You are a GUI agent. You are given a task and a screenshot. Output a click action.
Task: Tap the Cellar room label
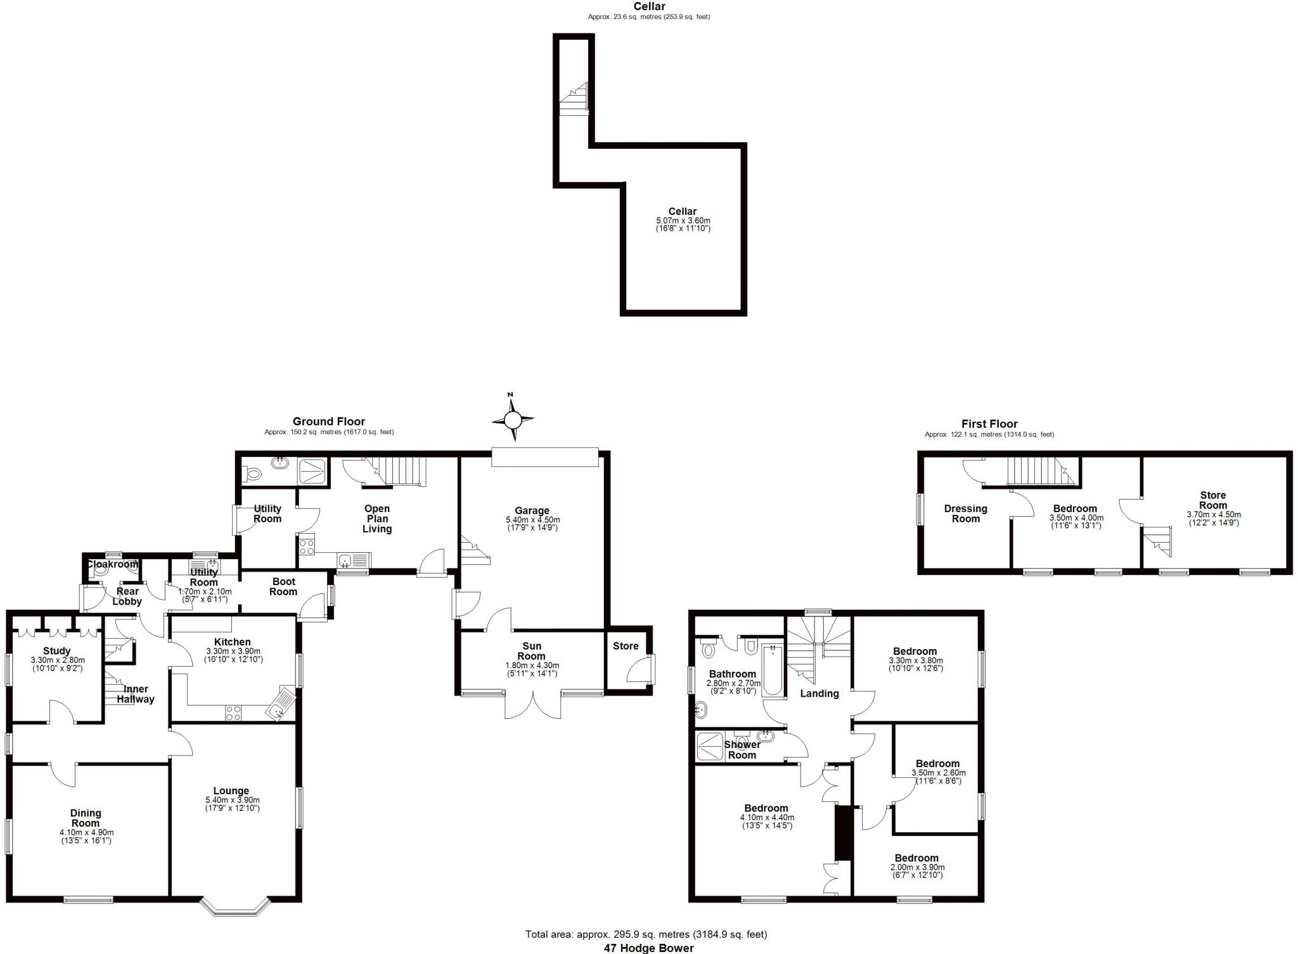tap(682, 212)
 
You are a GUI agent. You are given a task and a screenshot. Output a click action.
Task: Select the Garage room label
tap(532, 510)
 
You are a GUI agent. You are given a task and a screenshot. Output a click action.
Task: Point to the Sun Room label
tap(531, 651)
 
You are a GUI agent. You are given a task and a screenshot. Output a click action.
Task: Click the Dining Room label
tap(86, 818)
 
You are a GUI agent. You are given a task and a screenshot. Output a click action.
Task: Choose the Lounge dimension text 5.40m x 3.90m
tap(232, 800)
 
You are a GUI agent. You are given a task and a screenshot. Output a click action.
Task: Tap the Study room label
tap(56, 651)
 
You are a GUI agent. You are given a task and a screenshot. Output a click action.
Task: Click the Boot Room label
tap(283, 586)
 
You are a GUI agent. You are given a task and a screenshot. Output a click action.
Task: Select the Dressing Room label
tap(965, 513)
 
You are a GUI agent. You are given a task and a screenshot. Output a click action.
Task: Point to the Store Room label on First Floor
tap(1212, 500)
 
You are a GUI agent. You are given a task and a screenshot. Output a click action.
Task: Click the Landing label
tap(819, 693)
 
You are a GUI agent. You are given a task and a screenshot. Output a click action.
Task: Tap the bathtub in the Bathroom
tap(773, 670)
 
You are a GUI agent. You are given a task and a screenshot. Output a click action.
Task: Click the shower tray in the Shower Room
tap(710, 746)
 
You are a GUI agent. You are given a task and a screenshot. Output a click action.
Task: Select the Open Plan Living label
tap(377, 519)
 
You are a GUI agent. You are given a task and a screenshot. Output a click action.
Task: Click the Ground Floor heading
tap(328, 422)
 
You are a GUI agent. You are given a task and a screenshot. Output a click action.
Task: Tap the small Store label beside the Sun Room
tap(626, 646)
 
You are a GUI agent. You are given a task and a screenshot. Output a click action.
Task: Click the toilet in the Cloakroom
tap(101, 569)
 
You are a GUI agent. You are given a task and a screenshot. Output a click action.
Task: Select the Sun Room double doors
tap(533, 705)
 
